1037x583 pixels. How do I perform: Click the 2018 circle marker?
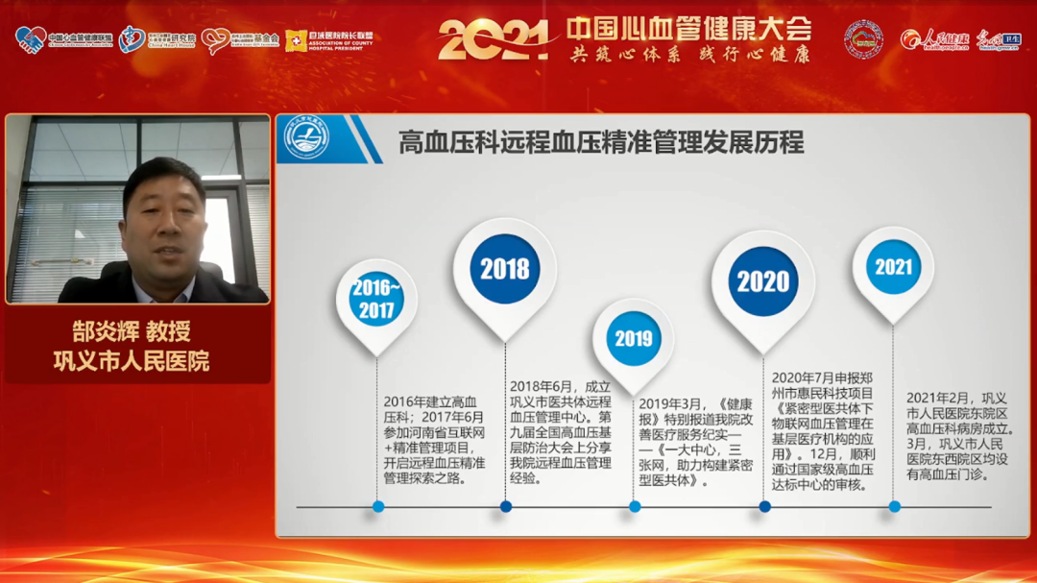[x=505, y=269]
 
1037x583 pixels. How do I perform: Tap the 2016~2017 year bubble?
[x=376, y=300]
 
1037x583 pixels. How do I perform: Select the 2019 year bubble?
[x=633, y=339]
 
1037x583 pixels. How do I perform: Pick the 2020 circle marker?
[x=763, y=281]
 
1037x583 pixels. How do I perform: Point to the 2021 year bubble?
[x=893, y=266]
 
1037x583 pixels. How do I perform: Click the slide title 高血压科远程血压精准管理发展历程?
[x=601, y=143]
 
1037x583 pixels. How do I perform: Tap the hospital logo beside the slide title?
[x=306, y=139]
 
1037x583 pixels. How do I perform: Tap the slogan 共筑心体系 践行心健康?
[x=688, y=55]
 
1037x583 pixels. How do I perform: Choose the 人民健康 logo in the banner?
[x=935, y=39]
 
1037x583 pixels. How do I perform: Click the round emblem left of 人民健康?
[x=864, y=39]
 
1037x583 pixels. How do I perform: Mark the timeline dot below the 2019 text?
[x=633, y=506]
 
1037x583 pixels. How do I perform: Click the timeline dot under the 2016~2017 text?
[x=378, y=506]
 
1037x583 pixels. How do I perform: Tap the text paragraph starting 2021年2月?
[x=960, y=435]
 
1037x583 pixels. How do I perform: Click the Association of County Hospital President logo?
[x=329, y=40]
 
